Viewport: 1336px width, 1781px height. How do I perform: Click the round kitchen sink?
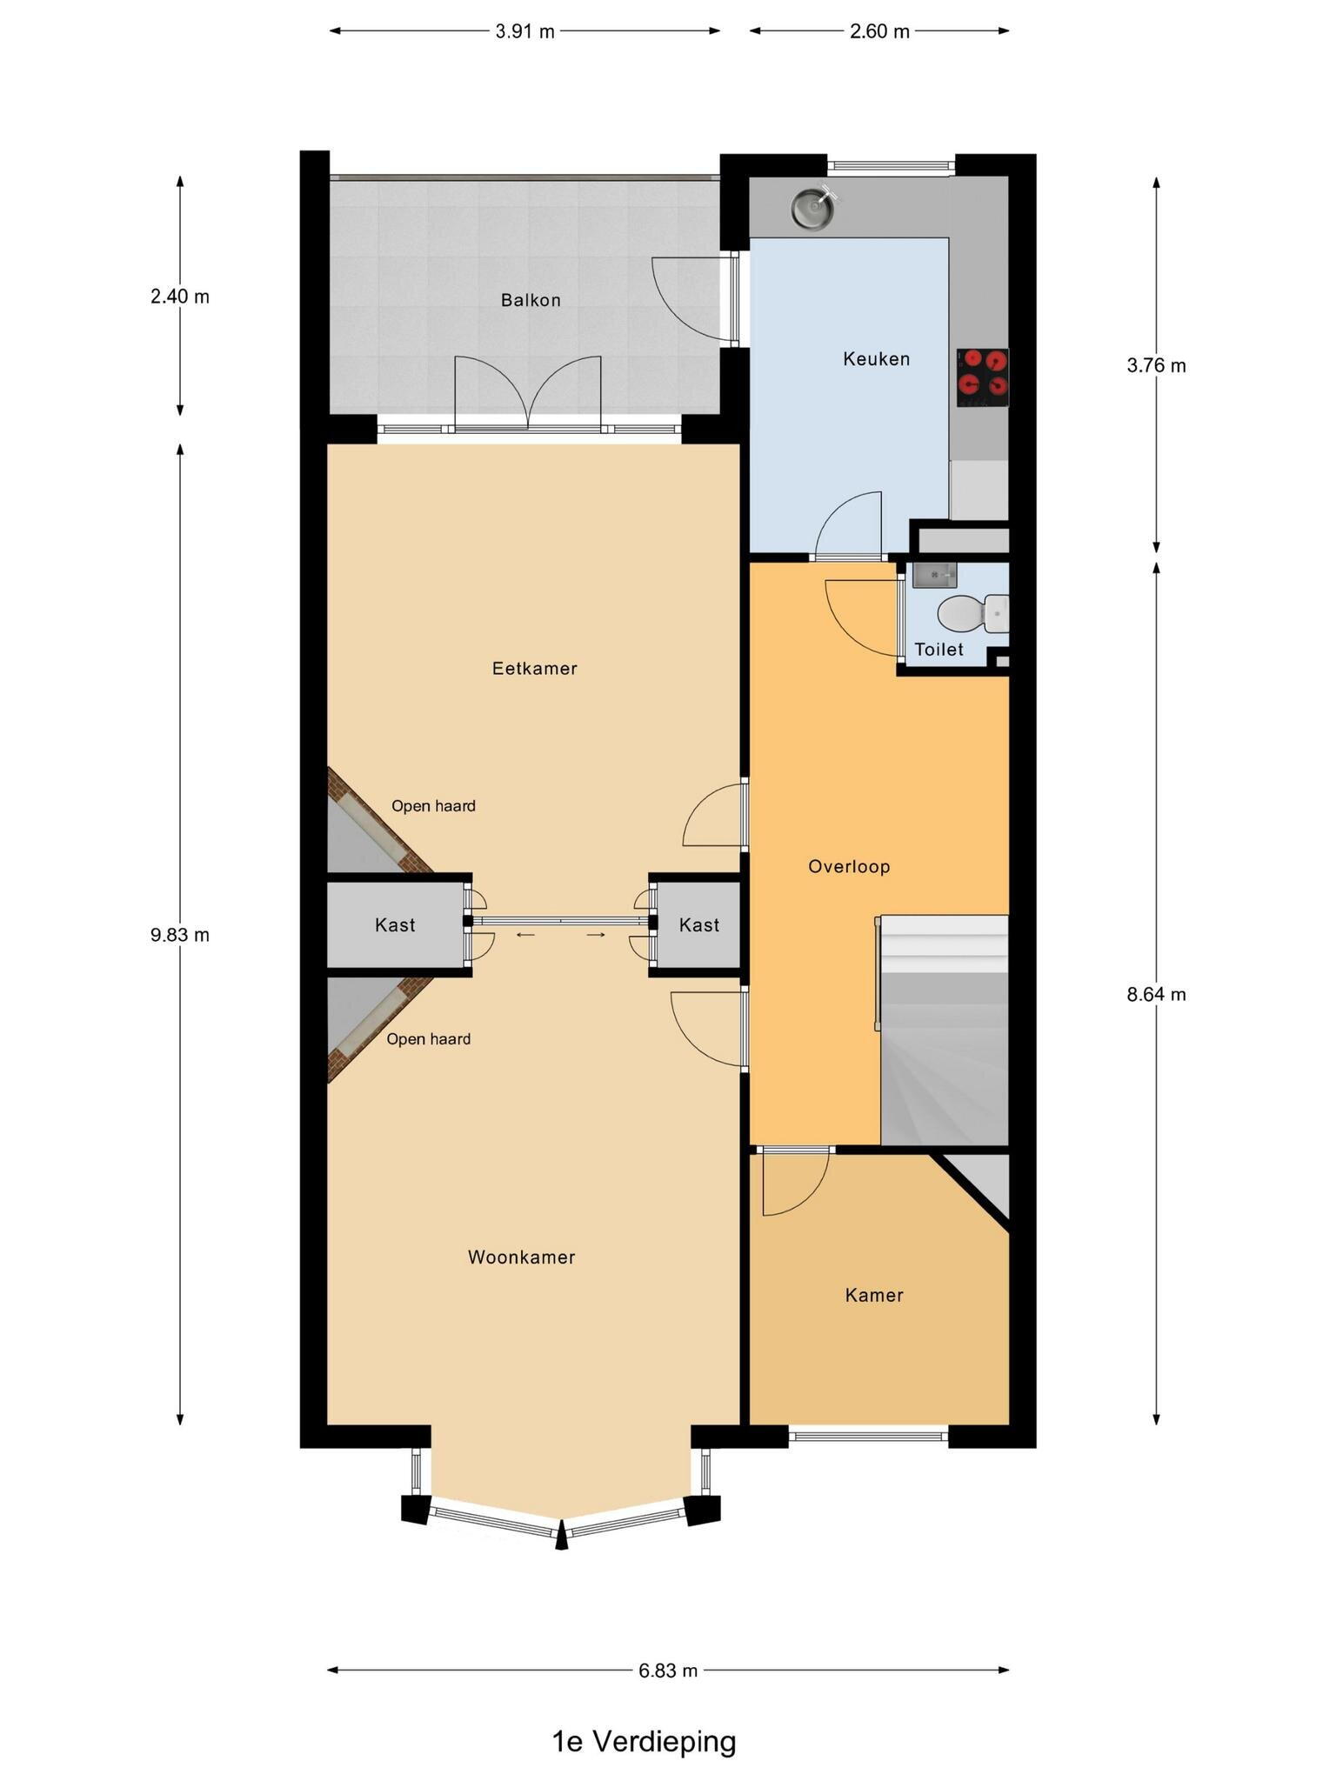[x=811, y=208]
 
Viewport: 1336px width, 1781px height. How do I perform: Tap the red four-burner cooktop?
[x=982, y=377]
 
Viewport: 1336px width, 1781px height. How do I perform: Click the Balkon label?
[x=531, y=301]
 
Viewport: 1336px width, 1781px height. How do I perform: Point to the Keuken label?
[x=876, y=359]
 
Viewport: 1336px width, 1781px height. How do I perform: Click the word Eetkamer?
[x=534, y=669]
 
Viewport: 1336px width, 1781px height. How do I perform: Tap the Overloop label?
[x=849, y=867]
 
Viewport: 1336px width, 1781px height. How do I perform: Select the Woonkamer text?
[x=521, y=1257]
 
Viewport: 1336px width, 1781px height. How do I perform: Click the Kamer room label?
[x=874, y=1296]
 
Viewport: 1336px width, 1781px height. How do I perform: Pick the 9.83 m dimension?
[x=180, y=936]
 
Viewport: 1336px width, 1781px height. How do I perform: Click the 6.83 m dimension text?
[x=668, y=1671]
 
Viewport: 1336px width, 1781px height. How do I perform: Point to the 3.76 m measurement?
[x=1156, y=366]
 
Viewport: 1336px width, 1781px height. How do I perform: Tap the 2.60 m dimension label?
[x=879, y=32]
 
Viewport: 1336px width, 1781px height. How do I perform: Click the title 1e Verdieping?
[x=644, y=1742]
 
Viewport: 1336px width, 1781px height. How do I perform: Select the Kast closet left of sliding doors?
[x=395, y=925]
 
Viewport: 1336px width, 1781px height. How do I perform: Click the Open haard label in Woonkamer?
[x=428, y=1039]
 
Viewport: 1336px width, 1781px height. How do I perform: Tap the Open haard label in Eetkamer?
[x=433, y=806]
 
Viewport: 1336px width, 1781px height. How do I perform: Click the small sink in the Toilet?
[x=934, y=575]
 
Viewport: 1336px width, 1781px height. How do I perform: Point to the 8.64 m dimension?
[x=1156, y=995]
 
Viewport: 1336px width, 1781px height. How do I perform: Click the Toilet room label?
[x=939, y=650]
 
